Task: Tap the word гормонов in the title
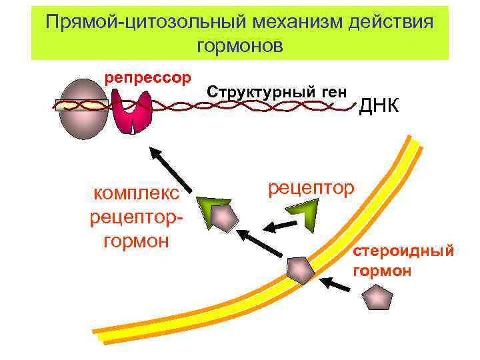pyautogui.click(x=240, y=46)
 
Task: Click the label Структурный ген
pyautogui.click(x=277, y=92)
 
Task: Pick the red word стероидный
pyautogui.click(x=404, y=251)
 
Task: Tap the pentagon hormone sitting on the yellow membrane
pyautogui.click(x=299, y=269)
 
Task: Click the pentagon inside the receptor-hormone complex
pyautogui.click(x=223, y=218)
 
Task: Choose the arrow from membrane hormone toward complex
pyautogui.click(x=261, y=244)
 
